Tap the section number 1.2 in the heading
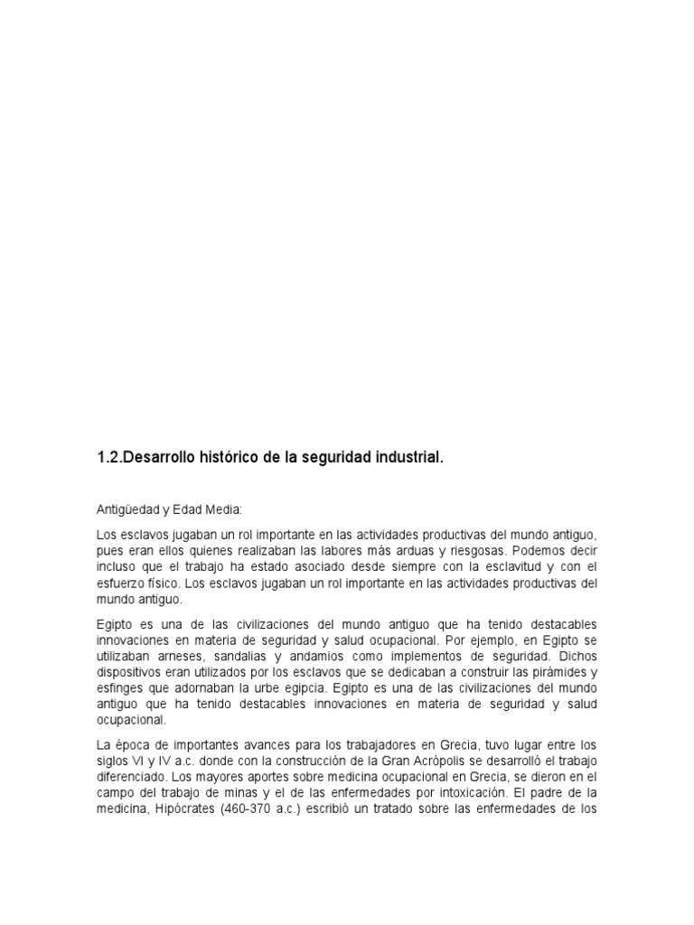(108, 458)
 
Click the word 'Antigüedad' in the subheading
(125, 509)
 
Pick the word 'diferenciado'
(131, 776)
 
